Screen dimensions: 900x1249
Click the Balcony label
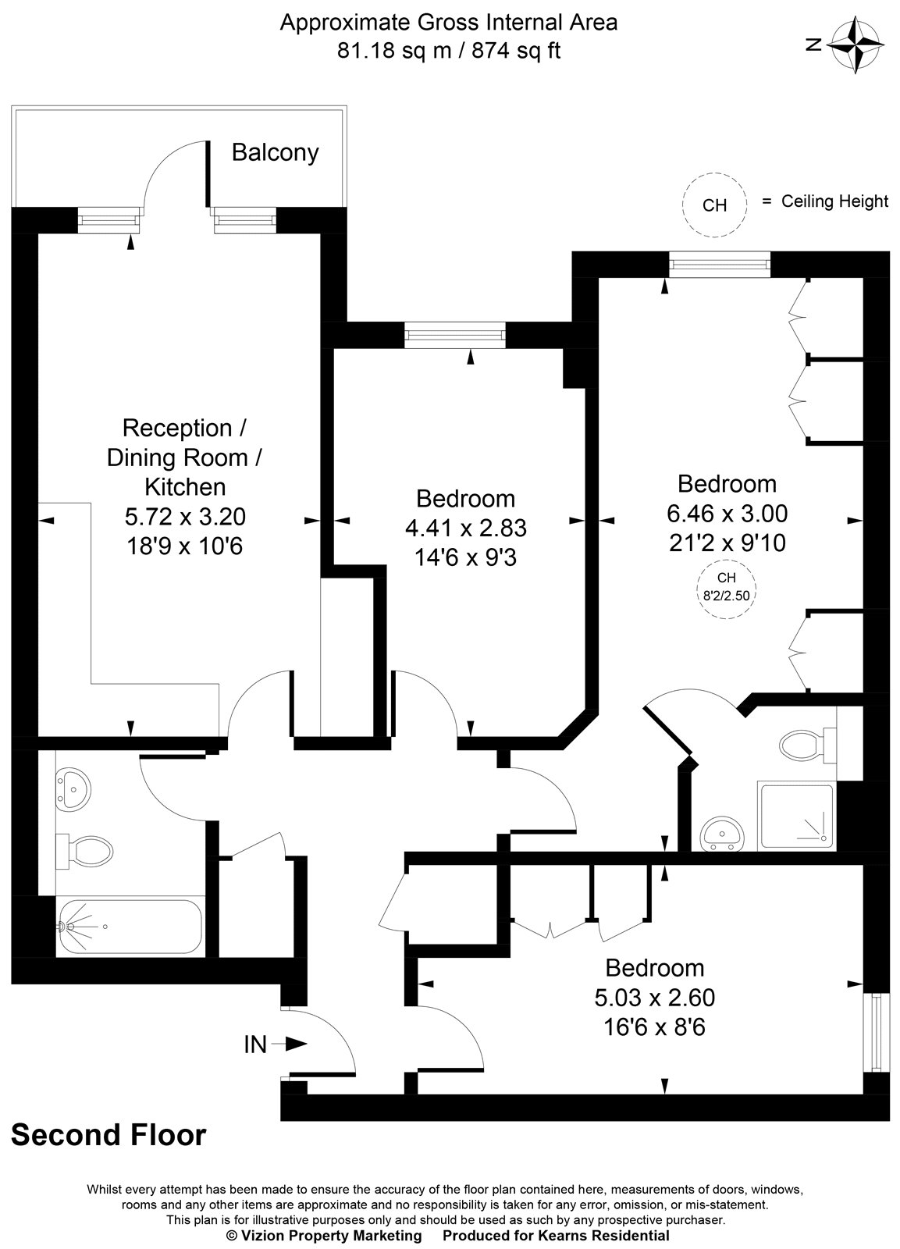point(275,153)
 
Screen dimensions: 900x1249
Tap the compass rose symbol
point(856,45)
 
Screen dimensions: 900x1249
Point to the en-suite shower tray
point(797,815)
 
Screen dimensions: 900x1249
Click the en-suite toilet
point(808,745)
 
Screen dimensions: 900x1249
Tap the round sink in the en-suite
point(722,834)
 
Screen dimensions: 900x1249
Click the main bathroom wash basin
point(73,789)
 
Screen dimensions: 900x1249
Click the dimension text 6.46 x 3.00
point(727,513)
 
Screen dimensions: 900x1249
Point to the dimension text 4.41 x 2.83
point(466,528)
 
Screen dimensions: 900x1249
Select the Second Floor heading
point(108,1134)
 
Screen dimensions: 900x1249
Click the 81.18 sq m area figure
point(394,51)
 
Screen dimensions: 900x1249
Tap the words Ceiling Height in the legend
point(834,201)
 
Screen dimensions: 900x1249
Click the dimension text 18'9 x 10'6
point(184,546)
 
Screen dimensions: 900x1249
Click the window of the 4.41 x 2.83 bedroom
point(455,335)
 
